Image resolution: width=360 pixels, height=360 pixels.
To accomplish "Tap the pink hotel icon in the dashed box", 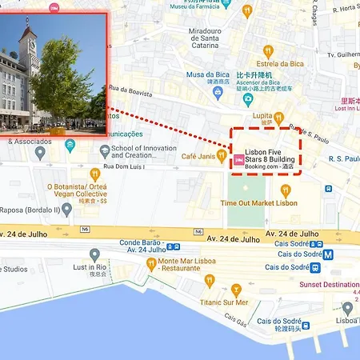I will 238,159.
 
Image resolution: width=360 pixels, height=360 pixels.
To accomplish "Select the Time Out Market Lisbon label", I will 258,203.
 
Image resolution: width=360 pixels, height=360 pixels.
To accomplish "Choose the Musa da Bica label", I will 208,74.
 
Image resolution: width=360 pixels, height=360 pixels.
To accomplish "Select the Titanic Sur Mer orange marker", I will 235,290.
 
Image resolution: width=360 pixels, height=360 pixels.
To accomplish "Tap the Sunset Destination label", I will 328,284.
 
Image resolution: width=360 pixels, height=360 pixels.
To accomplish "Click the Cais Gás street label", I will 235,321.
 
